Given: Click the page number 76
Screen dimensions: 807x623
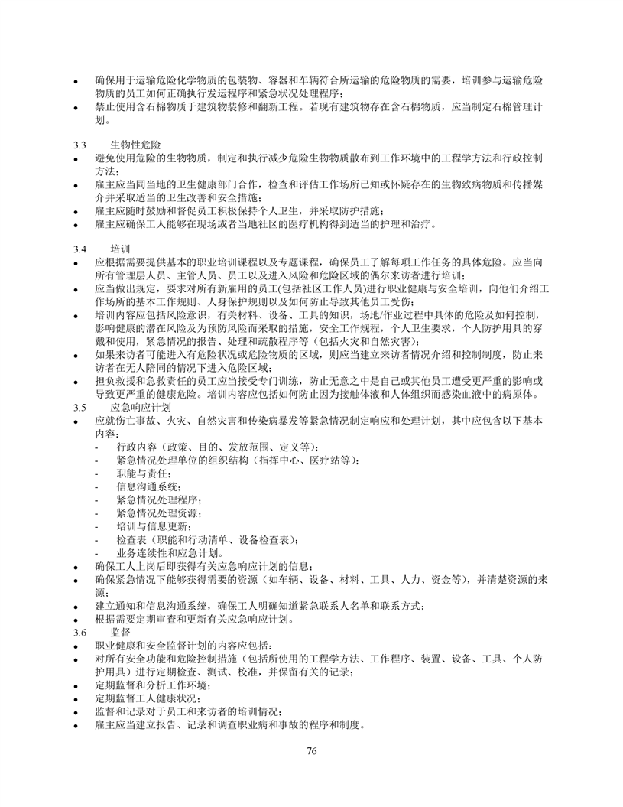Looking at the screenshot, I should pos(311,750).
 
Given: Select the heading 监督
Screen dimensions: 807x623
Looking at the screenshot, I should pos(120,633).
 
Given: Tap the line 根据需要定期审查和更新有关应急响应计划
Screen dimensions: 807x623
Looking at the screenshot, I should pos(194,620).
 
